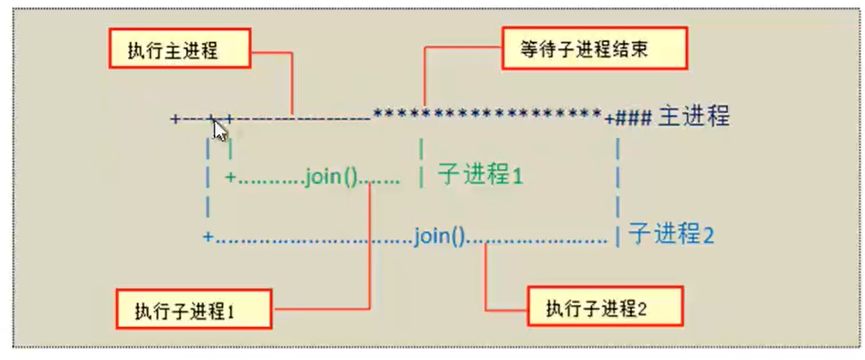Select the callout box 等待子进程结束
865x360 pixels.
click(x=581, y=50)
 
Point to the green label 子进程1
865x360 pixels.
click(x=480, y=174)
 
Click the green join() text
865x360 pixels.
click(x=332, y=175)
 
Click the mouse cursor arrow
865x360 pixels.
click(x=217, y=128)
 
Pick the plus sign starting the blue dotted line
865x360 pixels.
click(x=207, y=238)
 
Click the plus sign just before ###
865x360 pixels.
click(x=609, y=118)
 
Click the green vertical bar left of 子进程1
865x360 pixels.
click(x=420, y=175)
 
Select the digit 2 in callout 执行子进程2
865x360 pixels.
click(x=642, y=308)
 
